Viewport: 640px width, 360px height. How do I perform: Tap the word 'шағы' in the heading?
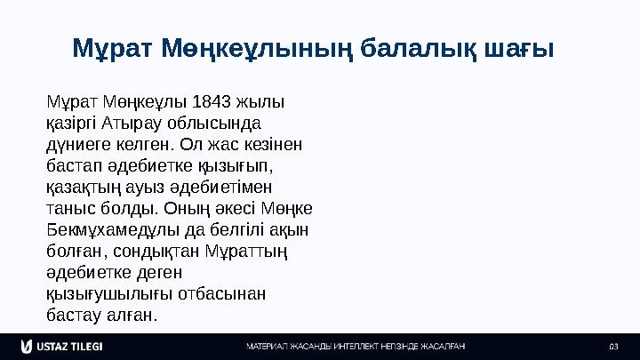point(521,49)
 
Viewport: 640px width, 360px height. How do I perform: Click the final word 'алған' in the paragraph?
point(132,316)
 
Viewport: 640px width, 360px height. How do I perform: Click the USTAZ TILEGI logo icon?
point(27,345)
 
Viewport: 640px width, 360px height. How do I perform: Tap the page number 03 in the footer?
point(612,345)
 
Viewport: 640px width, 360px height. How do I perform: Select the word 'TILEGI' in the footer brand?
point(87,345)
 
